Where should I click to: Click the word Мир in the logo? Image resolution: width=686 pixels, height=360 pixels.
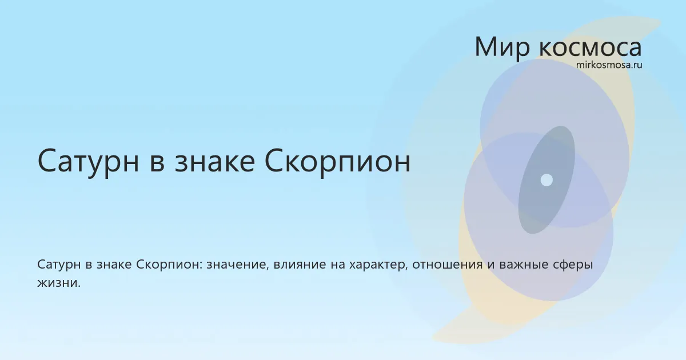[x=502, y=48]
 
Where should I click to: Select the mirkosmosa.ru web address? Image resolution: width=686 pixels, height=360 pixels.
[x=609, y=65]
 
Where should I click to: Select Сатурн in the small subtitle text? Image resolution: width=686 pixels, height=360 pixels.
[x=59, y=265]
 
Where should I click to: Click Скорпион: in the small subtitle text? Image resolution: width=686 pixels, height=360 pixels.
[x=169, y=265]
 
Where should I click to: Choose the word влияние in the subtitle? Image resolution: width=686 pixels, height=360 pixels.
[x=300, y=265]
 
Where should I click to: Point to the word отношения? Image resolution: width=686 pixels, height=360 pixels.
[x=448, y=265]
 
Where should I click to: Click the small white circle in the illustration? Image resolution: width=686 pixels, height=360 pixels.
[x=547, y=180]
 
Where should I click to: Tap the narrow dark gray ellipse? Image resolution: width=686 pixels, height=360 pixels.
[x=547, y=180]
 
